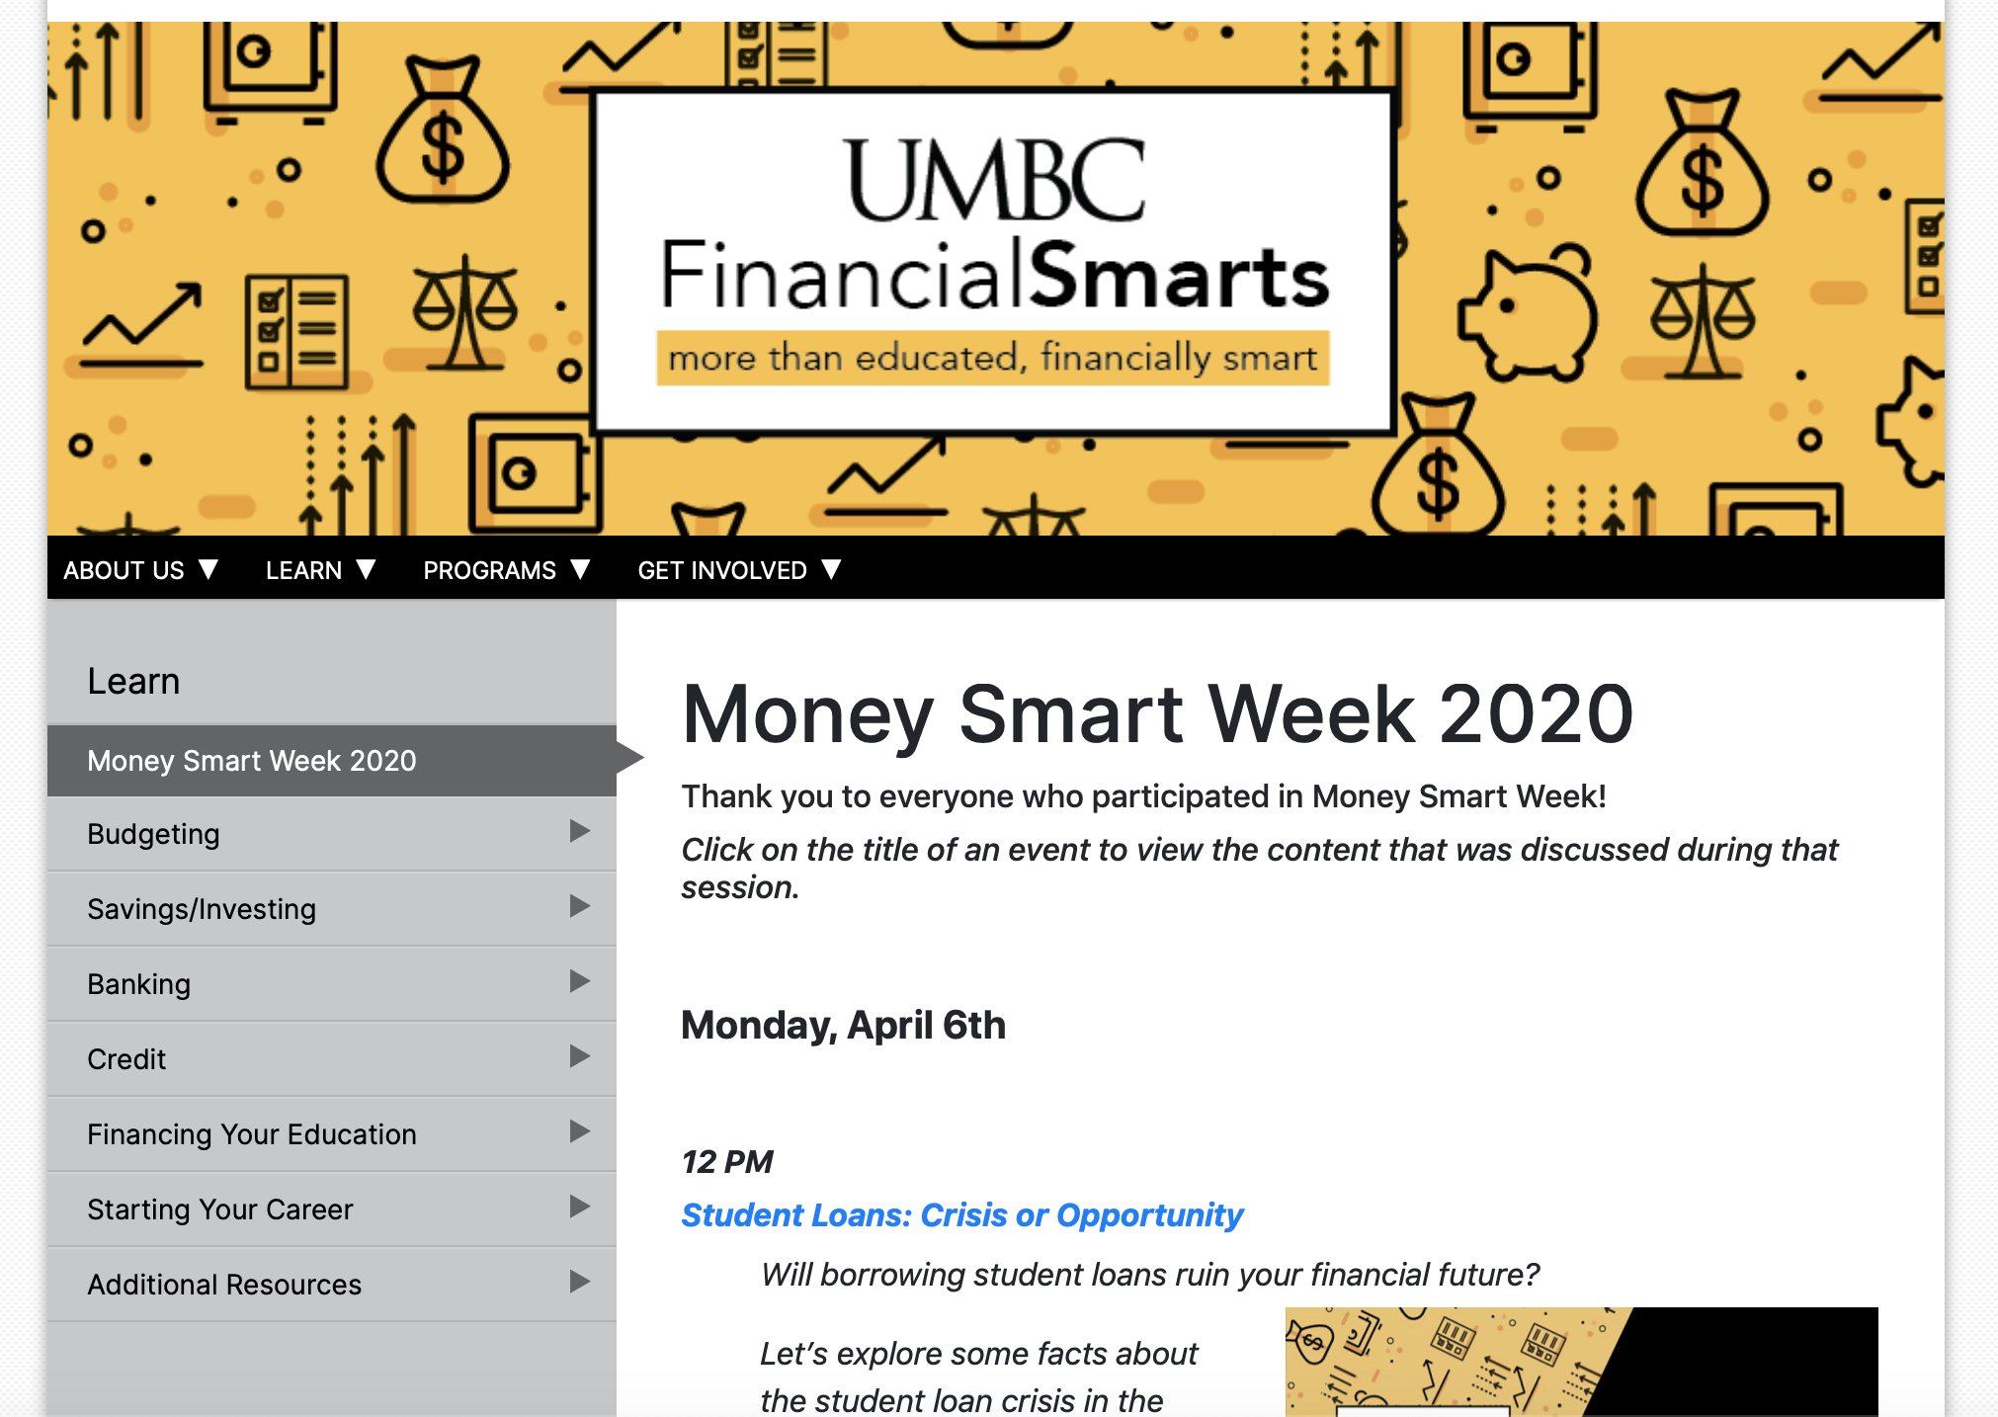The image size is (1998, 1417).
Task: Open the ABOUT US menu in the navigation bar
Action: coord(140,570)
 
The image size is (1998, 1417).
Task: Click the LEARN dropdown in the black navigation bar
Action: coord(320,570)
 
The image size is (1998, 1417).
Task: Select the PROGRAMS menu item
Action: coord(506,570)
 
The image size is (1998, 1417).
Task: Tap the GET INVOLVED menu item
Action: coord(739,570)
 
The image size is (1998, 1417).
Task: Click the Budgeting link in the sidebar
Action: coord(153,834)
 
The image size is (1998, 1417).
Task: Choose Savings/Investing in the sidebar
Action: coord(202,909)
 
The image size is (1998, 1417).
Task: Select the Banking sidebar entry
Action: coord(138,984)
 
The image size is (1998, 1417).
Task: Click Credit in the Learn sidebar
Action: coord(126,1059)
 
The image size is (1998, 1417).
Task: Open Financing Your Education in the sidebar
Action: coord(252,1134)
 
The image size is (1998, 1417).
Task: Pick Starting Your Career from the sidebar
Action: coord(219,1209)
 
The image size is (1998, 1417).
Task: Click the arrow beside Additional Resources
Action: coord(580,1282)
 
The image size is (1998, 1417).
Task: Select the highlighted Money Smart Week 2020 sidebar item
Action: coord(252,761)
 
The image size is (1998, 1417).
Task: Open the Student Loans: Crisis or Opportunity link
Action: coord(961,1215)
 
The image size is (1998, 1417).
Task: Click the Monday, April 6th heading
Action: coord(843,1026)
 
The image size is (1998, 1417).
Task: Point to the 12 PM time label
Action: coord(727,1162)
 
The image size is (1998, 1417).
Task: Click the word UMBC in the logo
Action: coord(996,180)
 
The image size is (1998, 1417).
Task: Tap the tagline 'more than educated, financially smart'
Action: coord(993,357)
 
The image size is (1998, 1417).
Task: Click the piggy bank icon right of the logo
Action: coord(1527,313)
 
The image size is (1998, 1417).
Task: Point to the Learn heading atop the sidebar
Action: coord(133,682)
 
